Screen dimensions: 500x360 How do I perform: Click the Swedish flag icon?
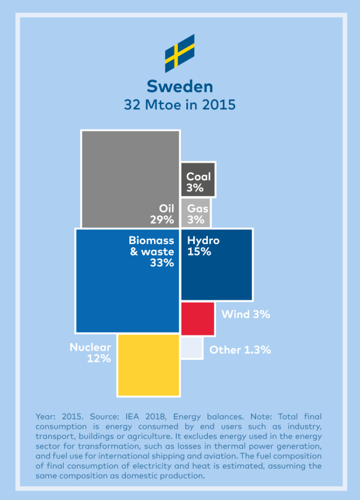(180, 53)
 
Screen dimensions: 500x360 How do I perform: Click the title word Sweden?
(180, 86)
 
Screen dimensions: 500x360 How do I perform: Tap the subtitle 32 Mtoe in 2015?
(180, 105)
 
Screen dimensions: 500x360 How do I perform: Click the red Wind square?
(198, 318)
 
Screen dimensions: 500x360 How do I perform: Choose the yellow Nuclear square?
(148, 365)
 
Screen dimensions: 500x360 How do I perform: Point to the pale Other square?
(192, 349)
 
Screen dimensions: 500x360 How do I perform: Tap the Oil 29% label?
(162, 214)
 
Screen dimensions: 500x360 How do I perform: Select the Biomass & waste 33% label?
(152, 251)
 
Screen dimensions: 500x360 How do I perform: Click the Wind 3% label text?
(245, 314)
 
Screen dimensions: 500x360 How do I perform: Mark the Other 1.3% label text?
(240, 350)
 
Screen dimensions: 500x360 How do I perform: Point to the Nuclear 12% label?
(91, 353)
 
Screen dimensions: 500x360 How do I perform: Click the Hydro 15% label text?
(203, 246)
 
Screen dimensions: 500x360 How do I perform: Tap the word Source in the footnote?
(94, 417)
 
